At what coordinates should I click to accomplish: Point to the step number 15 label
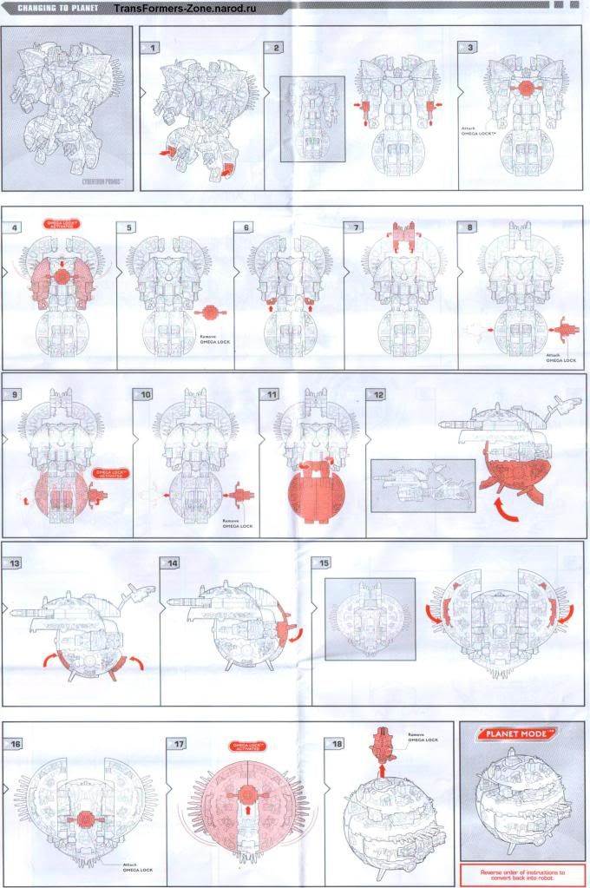(324, 562)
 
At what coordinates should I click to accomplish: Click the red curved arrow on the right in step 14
(293, 631)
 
